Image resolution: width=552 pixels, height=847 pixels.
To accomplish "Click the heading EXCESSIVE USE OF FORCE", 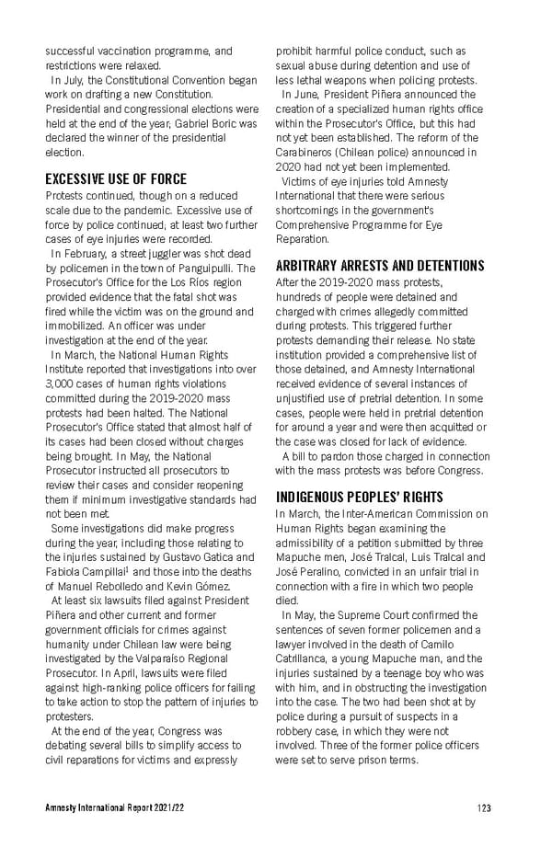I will [116, 178].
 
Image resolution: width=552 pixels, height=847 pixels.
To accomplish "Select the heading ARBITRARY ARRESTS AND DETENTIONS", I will [379, 266].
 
